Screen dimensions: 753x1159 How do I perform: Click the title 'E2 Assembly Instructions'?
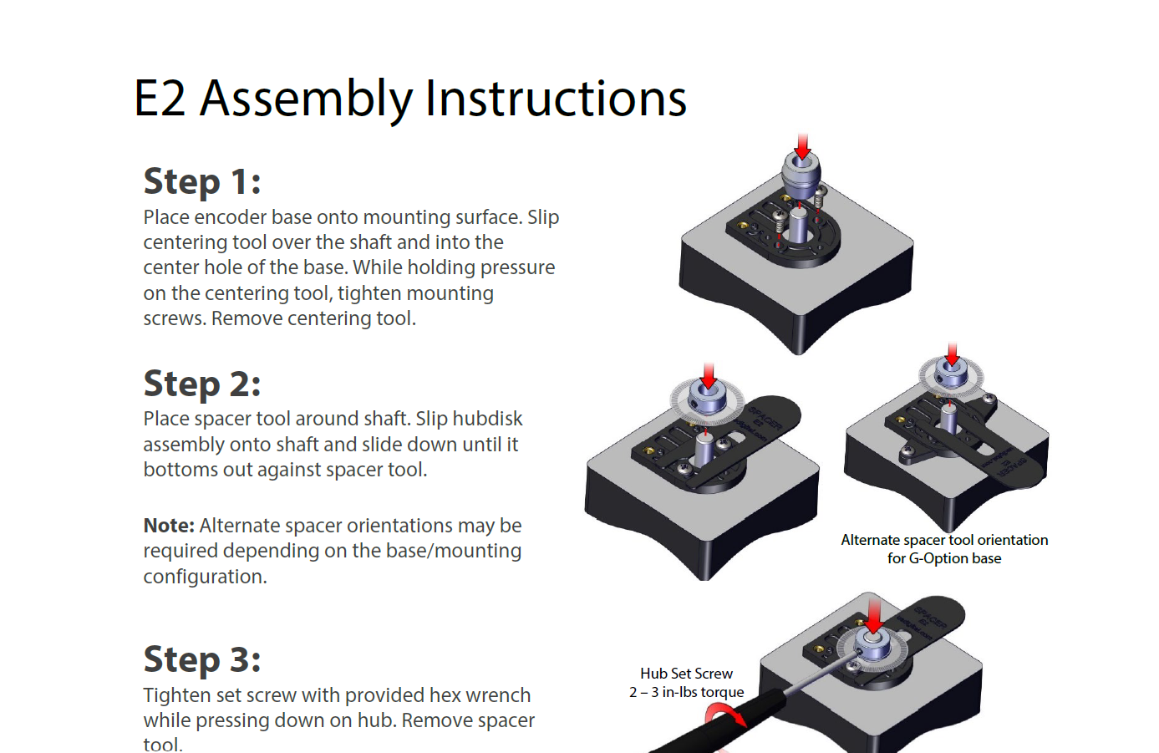click(x=409, y=99)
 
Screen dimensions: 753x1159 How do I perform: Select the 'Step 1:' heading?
click(x=202, y=181)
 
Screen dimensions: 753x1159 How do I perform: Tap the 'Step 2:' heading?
click(x=202, y=384)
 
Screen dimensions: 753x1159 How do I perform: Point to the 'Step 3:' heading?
click(x=202, y=659)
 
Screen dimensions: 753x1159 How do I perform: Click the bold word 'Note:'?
click(x=169, y=526)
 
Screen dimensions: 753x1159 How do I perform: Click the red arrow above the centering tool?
click(x=802, y=146)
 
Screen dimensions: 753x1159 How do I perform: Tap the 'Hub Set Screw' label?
click(x=686, y=674)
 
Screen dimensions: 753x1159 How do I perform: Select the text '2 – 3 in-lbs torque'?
click(x=686, y=692)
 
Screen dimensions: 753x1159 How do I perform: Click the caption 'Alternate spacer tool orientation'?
click(x=944, y=540)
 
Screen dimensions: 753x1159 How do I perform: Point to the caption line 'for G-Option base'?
click(x=944, y=558)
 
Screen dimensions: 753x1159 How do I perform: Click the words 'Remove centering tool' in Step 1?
click(x=313, y=318)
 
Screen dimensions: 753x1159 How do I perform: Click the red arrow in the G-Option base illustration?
click(x=952, y=353)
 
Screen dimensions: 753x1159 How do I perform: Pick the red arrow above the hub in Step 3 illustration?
click(x=874, y=618)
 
